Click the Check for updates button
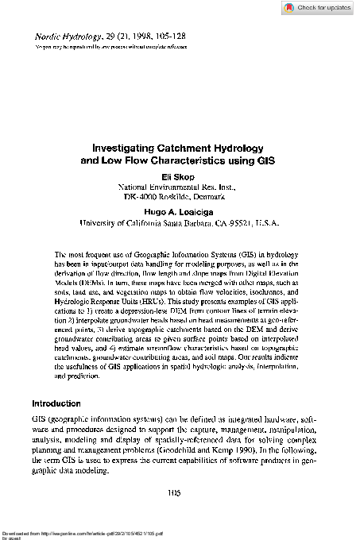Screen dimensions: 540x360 [x=317, y=8]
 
